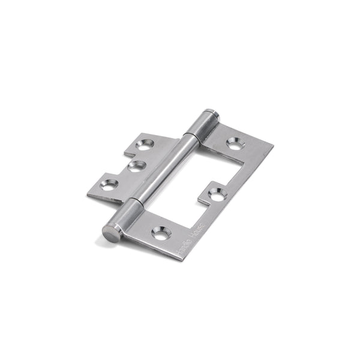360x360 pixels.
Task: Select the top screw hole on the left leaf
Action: tap(145, 144)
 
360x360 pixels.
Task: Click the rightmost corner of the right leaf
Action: tap(273, 146)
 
